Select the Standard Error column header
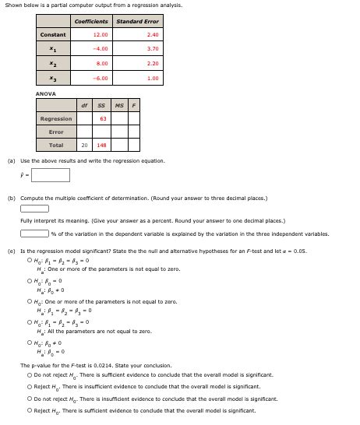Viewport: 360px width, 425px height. tap(137, 21)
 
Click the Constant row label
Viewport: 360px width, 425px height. tap(53, 35)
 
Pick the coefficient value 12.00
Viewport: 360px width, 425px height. tap(100, 35)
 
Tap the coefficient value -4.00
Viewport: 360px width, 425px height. tap(99, 49)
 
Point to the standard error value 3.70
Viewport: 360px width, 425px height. tap(152, 49)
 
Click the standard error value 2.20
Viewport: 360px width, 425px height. tap(152, 64)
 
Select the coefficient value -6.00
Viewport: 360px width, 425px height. tap(99, 79)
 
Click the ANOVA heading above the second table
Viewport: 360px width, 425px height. tap(45, 93)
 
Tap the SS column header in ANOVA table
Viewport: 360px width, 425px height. tap(101, 105)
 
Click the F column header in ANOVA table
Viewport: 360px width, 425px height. tap(133, 105)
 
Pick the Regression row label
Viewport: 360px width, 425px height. tap(56, 119)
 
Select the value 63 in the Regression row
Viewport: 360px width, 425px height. tap(103, 119)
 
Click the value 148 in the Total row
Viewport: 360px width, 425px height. tap(101, 146)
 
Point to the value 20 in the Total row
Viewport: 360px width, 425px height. tap(84, 146)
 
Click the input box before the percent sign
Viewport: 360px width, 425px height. tap(34, 233)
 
